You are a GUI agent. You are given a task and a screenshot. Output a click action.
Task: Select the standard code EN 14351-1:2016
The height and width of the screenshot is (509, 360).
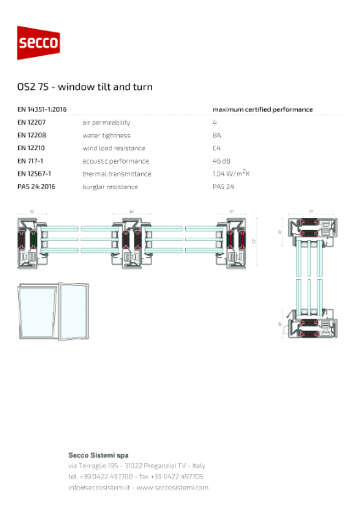pyautogui.click(x=42, y=109)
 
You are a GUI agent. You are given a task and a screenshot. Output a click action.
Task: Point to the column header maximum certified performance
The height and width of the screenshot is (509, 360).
pyautogui.click(x=262, y=109)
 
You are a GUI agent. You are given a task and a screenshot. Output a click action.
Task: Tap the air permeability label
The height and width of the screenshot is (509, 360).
pyautogui.click(x=104, y=122)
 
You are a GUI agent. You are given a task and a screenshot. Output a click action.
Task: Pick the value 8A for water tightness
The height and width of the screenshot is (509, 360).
pyautogui.click(x=217, y=135)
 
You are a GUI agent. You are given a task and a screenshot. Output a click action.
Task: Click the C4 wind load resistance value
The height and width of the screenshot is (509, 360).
pyautogui.click(x=217, y=148)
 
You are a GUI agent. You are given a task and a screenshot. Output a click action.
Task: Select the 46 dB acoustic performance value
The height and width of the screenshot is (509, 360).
pyautogui.click(x=221, y=160)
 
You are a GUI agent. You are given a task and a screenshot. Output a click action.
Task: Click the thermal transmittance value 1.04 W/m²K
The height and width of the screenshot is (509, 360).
pyautogui.click(x=235, y=173)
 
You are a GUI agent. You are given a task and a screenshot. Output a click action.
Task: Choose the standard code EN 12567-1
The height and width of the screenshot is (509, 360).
pyautogui.click(x=37, y=173)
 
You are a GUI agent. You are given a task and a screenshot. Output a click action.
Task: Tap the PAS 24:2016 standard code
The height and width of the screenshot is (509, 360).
pyautogui.click(x=37, y=186)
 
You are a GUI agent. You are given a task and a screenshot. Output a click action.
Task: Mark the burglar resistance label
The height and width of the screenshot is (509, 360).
pyautogui.click(x=110, y=186)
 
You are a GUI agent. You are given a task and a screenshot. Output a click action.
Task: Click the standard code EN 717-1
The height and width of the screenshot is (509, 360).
pyautogui.click(x=32, y=160)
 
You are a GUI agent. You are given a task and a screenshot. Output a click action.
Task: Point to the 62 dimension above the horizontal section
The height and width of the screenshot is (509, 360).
pyautogui.click(x=132, y=210)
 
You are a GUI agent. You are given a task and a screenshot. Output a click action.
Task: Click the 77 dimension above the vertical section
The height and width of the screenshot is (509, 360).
pyautogui.click(x=311, y=210)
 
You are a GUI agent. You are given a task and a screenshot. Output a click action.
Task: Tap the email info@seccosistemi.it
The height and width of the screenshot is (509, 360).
pyautogui.click(x=98, y=488)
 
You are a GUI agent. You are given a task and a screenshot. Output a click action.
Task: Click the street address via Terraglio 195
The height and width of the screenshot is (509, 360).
pyautogui.click(x=96, y=466)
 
